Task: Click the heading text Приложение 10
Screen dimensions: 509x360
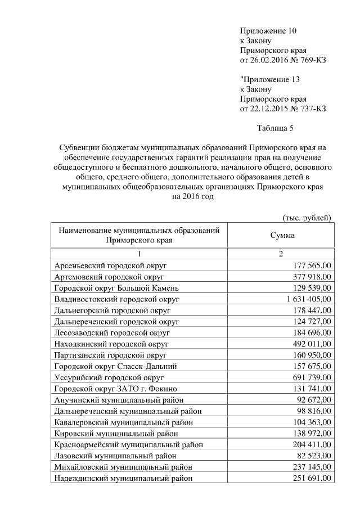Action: pos(268,30)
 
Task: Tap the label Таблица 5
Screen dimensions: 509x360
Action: pos(275,128)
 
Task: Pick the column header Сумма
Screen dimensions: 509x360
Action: pos(282,235)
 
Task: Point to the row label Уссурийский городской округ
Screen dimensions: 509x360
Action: pos(109,377)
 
